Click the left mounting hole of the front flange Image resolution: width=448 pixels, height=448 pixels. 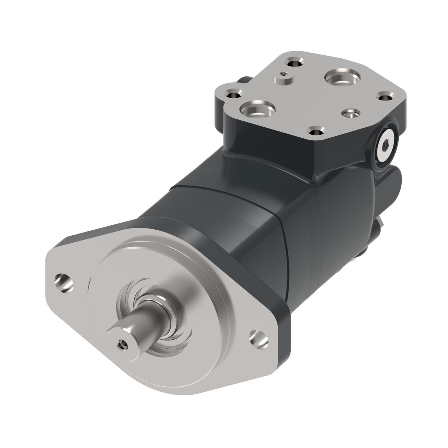pyautogui.click(x=64, y=281)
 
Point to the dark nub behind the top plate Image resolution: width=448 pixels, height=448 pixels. pyautogui.click(x=243, y=80)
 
